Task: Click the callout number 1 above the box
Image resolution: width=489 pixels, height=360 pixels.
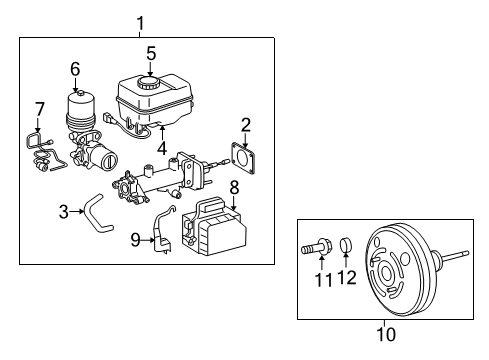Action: click(140, 22)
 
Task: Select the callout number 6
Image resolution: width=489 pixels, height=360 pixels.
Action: click(75, 69)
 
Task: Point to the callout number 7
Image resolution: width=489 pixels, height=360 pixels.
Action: click(39, 108)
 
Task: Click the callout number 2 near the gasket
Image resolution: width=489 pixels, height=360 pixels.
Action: click(245, 125)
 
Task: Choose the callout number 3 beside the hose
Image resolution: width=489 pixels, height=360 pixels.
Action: click(63, 211)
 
